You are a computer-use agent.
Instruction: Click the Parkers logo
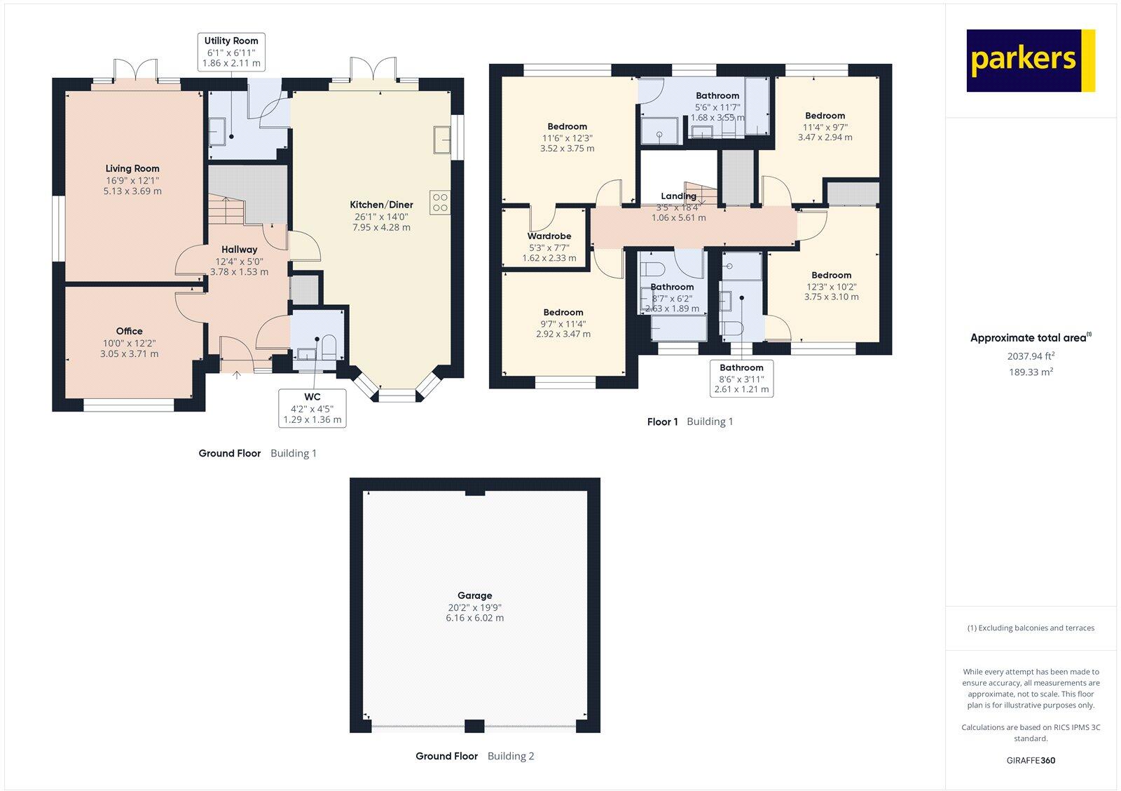tap(1030, 60)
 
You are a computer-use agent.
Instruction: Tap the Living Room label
tap(132, 169)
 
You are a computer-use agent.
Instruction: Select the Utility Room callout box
tap(231, 52)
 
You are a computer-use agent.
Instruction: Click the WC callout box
tap(312, 408)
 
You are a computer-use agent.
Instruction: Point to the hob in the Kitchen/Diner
tap(440, 203)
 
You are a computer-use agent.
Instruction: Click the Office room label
tap(129, 331)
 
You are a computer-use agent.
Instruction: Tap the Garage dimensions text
tap(475, 613)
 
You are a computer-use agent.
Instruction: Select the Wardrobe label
tap(549, 236)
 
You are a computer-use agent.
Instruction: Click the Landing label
tap(678, 196)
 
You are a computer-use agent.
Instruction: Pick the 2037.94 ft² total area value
tap(1031, 356)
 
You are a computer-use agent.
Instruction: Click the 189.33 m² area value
tap(1031, 372)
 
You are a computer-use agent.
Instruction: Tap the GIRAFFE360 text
tap(1031, 760)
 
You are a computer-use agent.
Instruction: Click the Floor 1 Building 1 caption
tap(690, 421)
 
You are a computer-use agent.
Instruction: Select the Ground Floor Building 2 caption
tap(474, 756)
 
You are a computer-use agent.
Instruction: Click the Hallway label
tap(239, 250)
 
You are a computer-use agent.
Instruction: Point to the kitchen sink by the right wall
tap(442, 139)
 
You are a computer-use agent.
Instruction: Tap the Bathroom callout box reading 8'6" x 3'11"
tap(741, 378)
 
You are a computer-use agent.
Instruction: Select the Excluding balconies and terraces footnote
tap(1031, 628)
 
